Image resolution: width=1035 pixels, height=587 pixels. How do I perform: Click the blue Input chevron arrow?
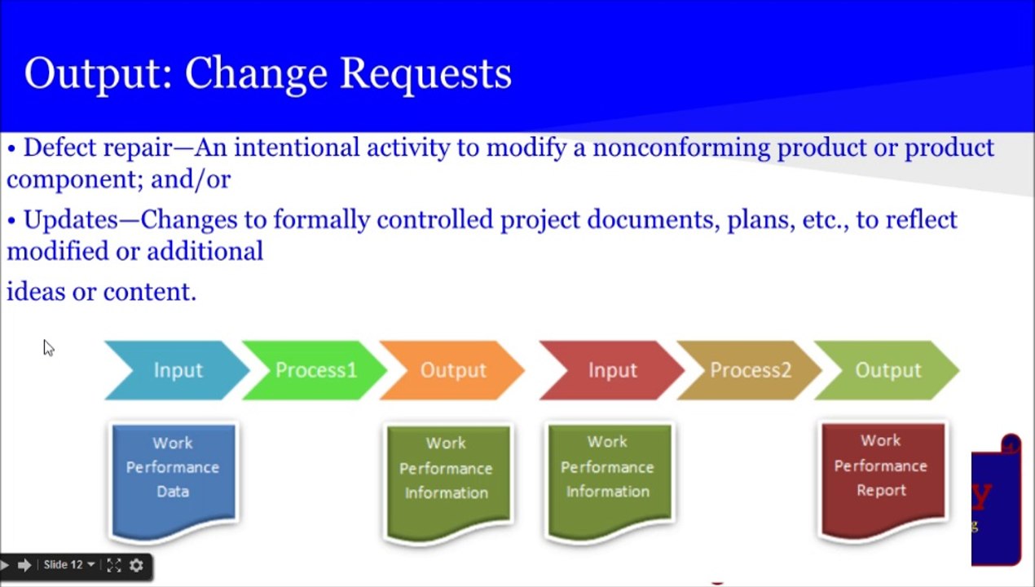tap(177, 370)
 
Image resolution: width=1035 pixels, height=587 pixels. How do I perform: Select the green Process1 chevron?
tap(315, 370)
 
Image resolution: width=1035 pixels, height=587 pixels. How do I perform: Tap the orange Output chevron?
tap(452, 370)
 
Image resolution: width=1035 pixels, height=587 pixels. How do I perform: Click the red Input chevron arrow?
tap(612, 370)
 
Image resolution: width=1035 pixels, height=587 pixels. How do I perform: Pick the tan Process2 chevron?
tap(750, 370)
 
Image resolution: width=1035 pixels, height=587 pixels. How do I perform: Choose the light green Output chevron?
tap(887, 370)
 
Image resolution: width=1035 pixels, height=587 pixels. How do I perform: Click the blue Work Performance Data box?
tap(173, 473)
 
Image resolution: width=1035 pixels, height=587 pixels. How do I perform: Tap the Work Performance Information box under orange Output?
tap(446, 473)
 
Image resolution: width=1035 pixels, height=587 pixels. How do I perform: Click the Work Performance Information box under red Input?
tap(607, 472)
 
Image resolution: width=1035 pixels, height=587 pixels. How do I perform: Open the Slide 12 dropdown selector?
tap(69, 565)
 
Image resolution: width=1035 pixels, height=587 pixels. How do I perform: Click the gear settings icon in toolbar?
tap(136, 565)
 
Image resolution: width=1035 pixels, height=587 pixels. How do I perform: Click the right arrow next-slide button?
tap(24, 565)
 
